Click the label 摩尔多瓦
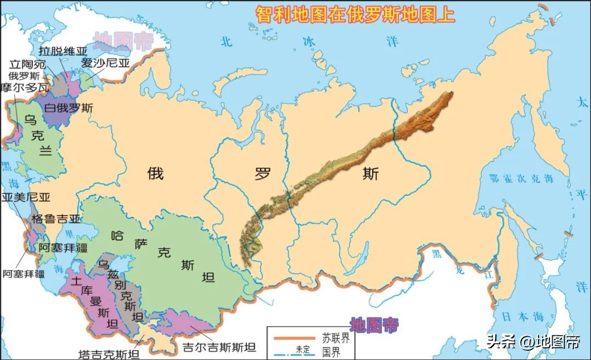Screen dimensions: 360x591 [x=25, y=88]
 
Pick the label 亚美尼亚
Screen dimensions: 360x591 [x=26, y=198]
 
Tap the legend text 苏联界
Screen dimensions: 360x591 [x=332, y=337]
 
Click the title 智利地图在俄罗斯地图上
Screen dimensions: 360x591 [x=355, y=15]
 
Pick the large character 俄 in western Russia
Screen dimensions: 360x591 [x=155, y=174]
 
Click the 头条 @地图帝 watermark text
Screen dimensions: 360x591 [x=533, y=342]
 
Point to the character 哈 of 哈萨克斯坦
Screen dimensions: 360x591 [x=117, y=236]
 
